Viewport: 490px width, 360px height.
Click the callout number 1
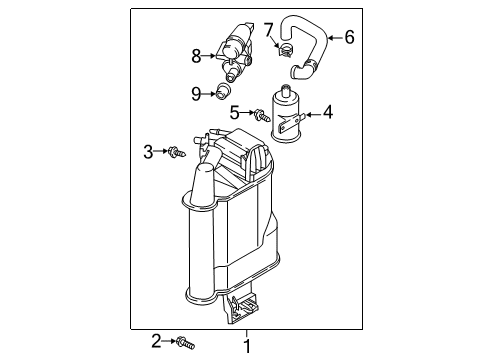coord(247,346)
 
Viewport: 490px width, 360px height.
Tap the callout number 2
coord(156,341)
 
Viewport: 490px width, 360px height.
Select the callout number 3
coord(148,152)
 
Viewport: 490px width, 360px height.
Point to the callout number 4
coord(328,112)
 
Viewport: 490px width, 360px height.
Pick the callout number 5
coord(235,112)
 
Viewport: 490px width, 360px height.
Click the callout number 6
coord(349,37)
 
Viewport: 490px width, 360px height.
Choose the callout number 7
coord(269,30)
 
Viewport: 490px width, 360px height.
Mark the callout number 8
coord(196,56)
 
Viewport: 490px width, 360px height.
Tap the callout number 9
coord(196,94)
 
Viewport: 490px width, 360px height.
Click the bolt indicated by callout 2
coord(186,343)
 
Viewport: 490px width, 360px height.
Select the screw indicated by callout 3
coord(177,152)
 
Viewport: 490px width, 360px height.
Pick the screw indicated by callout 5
coord(262,115)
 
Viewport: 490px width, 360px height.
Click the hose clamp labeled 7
coord(285,49)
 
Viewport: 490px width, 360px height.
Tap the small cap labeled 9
coord(223,91)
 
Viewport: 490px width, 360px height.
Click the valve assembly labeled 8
coord(235,53)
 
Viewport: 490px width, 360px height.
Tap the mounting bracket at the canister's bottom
coord(242,307)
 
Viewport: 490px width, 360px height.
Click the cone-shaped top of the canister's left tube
coord(203,184)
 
